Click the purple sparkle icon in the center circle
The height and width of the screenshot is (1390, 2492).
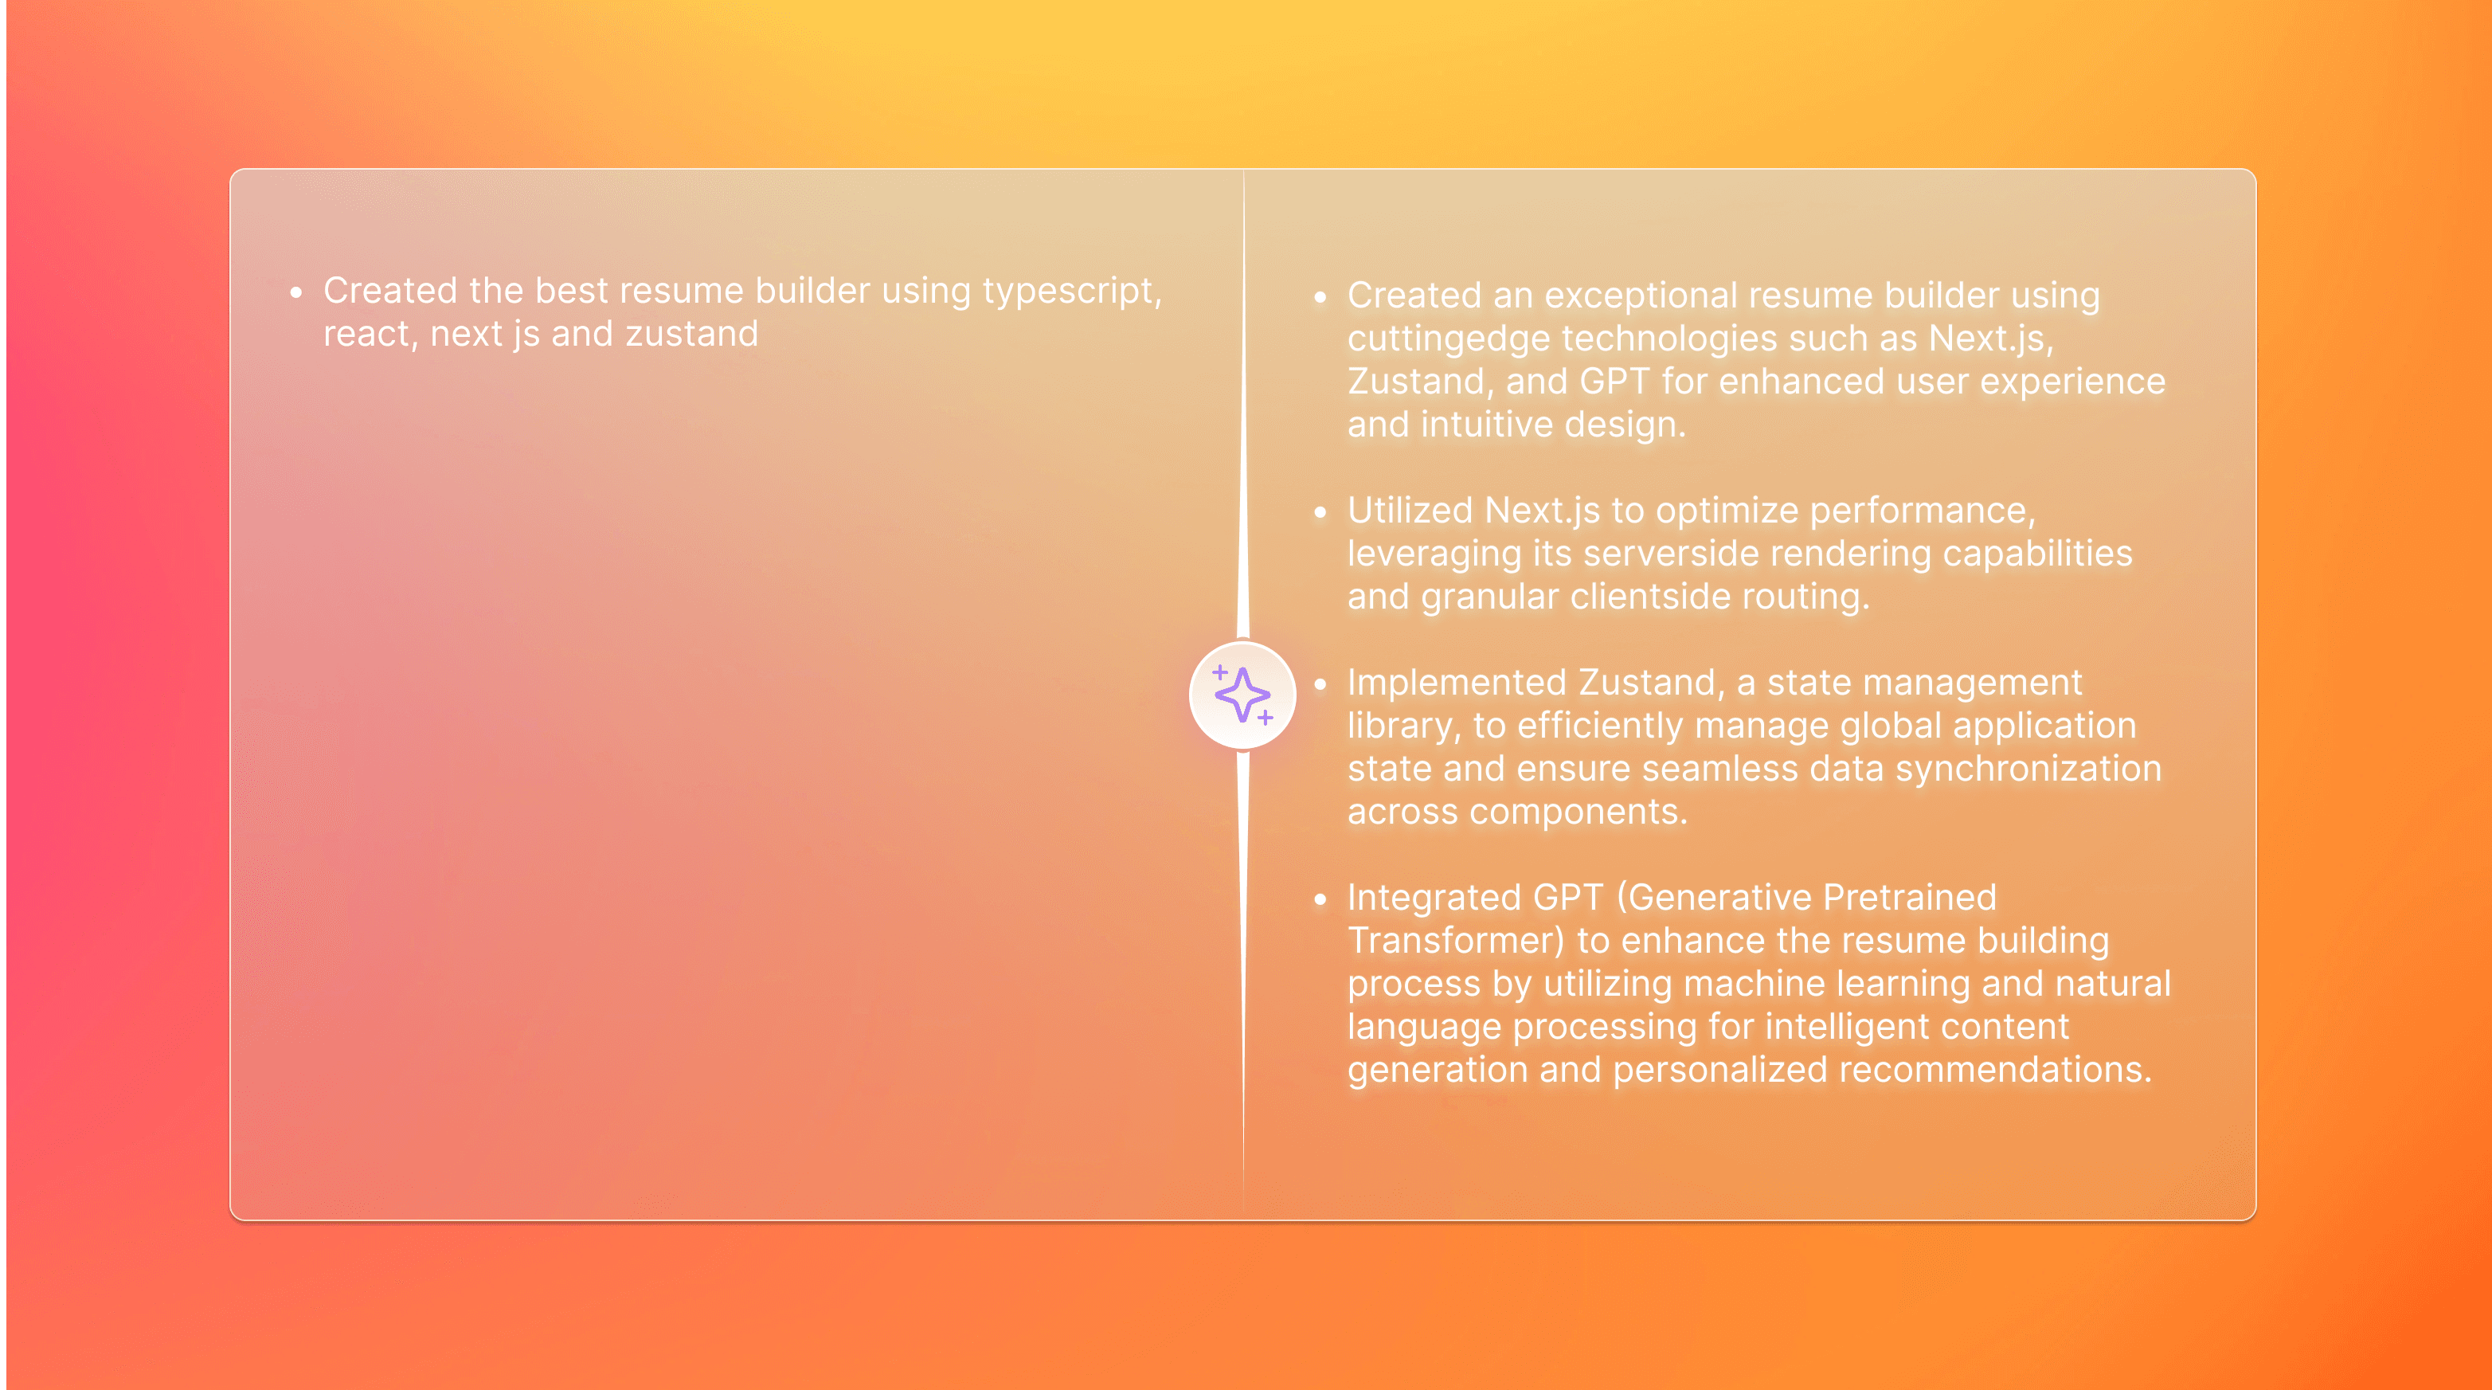[x=1243, y=695]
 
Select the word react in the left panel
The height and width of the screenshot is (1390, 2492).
[x=366, y=335]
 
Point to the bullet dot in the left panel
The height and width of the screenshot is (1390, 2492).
[x=296, y=292]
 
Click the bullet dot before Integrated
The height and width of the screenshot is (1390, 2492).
[x=1320, y=899]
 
